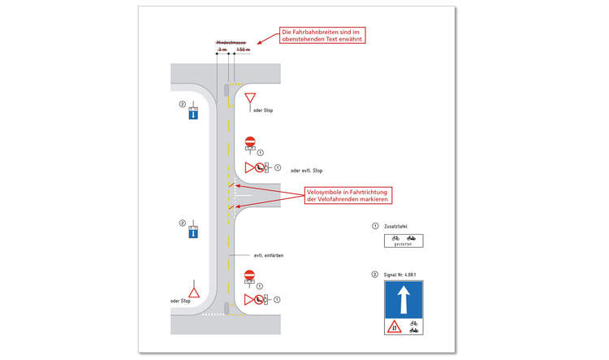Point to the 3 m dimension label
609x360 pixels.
coord(222,50)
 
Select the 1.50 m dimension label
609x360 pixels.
coord(242,50)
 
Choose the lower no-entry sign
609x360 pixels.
coord(250,276)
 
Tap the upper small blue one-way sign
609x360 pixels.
coord(193,114)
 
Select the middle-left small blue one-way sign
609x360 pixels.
coord(193,232)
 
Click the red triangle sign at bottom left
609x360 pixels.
coord(193,289)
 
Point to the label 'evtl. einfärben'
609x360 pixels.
coord(268,255)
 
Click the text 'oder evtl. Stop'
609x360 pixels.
coord(307,170)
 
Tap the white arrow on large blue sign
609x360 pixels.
coord(403,298)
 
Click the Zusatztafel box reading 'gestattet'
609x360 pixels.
coord(403,241)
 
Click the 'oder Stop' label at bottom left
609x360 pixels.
coord(180,301)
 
